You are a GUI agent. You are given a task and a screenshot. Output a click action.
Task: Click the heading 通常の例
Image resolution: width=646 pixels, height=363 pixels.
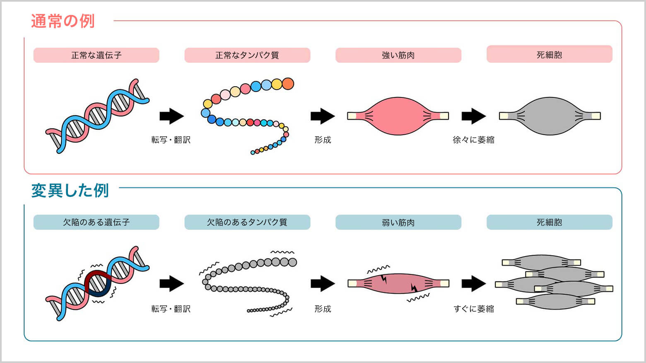[x=63, y=21]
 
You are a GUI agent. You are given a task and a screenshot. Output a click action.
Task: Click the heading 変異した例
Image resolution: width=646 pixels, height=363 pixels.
[x=70, y=190]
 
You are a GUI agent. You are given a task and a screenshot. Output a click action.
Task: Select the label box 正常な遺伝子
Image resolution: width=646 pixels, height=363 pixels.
[x=96, y=55]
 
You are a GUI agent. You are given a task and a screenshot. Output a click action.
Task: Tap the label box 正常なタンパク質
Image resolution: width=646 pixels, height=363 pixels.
[x=247, y=55]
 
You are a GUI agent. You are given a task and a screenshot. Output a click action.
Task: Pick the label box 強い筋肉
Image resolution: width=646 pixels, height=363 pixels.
[x=398, y=55]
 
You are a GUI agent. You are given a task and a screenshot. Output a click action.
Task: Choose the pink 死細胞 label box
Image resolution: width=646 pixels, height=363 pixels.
[x=549, y=54]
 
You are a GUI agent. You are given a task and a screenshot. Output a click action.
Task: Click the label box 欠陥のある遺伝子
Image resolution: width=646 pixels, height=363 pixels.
[x=96, y=222]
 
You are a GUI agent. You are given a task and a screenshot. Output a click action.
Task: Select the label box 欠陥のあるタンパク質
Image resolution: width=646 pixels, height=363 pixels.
[x=247, y=222]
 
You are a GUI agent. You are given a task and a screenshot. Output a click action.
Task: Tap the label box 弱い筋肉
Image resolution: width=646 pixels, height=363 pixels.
[x=398, y=222]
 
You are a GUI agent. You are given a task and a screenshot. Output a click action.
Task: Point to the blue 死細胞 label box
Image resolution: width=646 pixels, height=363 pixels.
[x=549, y=222]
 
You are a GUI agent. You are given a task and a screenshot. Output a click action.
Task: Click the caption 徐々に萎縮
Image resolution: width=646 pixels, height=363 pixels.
[x=473, y=140]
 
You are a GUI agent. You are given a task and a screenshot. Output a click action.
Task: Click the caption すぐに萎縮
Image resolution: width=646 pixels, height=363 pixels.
[x=473, y=309]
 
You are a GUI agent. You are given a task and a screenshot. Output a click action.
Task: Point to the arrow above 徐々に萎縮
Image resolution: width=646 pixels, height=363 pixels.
[x=473, y=116]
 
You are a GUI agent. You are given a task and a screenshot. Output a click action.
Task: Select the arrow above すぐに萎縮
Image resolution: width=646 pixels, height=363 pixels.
[x=473, y=283]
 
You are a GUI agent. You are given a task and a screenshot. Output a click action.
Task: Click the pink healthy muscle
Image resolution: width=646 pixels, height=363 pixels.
[x=398, y=116]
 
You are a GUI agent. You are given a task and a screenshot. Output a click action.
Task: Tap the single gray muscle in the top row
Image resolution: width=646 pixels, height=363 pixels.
[x=550, y=116]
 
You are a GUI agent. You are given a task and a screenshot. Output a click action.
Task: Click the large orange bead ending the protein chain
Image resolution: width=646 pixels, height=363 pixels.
[x=288, y=84]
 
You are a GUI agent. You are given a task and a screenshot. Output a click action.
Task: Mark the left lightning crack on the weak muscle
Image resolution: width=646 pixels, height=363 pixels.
[x=384, y=279]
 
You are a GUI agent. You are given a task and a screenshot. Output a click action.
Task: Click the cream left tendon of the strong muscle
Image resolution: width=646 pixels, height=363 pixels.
[x=352, y=116]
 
